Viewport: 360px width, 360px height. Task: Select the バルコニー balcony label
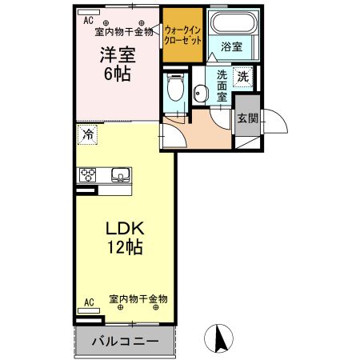tap(124, 340)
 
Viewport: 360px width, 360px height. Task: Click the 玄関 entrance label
tap(246, 118)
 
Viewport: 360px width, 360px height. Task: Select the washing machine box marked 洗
tap(242, 78)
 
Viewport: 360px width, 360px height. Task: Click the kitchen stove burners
tap(86, 175)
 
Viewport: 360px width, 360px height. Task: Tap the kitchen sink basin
tap(120, 175)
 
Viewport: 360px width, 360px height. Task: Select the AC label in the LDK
tap(89, 302)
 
